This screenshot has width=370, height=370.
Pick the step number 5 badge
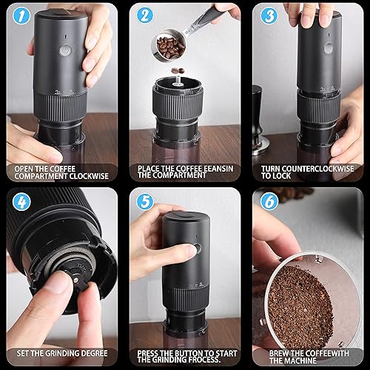144,201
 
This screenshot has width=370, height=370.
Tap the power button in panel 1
65,50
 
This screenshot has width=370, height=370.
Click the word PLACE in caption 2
151,169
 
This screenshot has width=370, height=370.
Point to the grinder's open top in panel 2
178,78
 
